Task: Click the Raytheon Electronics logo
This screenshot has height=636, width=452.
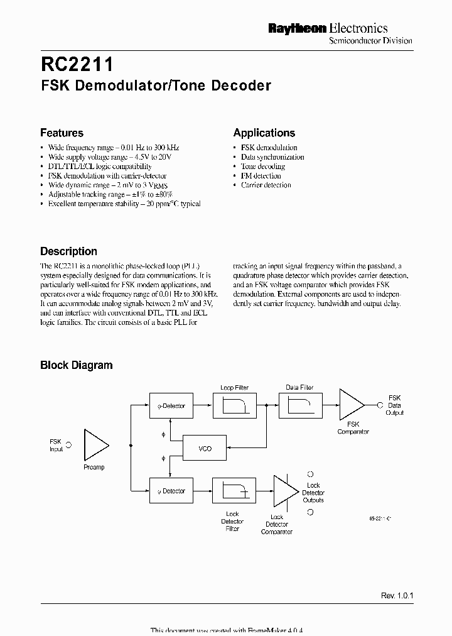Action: tap(328, 28)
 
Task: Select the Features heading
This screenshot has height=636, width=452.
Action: tap(62, 133)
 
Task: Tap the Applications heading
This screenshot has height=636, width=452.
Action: tap(264, 133)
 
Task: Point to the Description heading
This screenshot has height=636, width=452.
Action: tap(68, 251)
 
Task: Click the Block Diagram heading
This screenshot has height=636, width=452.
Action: tap(76, 365)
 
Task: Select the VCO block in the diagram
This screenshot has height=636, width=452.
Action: tap(205, 449)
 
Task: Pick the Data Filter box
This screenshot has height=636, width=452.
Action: tap(299, 406)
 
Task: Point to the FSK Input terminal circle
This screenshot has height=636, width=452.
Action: tap(68, 444)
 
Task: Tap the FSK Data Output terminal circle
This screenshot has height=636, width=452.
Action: tap(379, 405)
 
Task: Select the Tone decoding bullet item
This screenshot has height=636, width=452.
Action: tap(262, 167)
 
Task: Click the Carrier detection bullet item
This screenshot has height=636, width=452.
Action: tap(266, 185)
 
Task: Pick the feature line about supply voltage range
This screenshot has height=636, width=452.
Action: tap(109, 157)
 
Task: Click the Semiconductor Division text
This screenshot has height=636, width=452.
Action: tap(371, 41)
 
